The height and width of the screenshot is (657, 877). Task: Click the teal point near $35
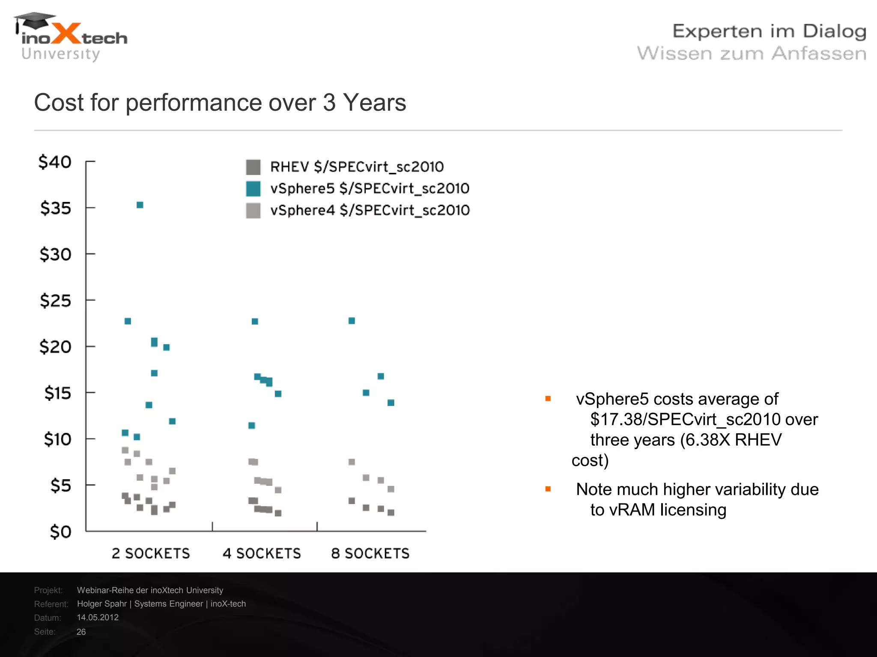pyautogui.click(x=140, y=205)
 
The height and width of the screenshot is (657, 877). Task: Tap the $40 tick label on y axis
pyautogui.click(x=55, y=162)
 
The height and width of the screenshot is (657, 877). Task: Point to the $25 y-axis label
pyautogui.click(x=55, y=301)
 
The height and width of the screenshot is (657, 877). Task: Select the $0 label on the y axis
pyautogui.click(x=60, y=532)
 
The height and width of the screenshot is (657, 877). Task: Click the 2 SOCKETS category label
pyautogui.click(x=151, y=553)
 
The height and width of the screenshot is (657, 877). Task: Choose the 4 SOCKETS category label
pyautogui.click(x=262, y=553)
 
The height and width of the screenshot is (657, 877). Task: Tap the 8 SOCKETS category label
pyautogui.click(x=370, y=553)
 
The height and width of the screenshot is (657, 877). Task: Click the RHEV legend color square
pyautogui.click(x=253, y=167)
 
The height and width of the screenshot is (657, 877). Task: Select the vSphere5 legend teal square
pyautogui.click(x=253, y=189)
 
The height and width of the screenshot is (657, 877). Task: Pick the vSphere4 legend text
pyautogui.click(x=370, y=210)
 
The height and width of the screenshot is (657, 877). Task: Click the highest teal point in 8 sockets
pyautogui.click(x=352, y=321)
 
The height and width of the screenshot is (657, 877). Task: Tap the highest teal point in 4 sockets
pyautogui.click(x=255, y=321)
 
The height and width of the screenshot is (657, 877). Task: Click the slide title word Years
pyautogui.click(x=374, y=103)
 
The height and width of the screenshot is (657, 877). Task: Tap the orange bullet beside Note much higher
pyautogui.click(x=548, y=489)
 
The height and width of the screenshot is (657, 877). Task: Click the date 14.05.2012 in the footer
pyautogui.click(x=98, y=618)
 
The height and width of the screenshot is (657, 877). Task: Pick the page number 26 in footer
pyautogui.click(x=81, y=632)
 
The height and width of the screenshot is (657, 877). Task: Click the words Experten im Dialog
pyautogui.click(x=769, y=32)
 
